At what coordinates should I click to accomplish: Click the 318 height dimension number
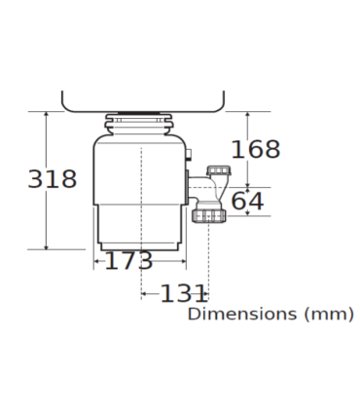pos(53,179)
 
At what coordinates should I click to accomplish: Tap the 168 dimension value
pos(256,149)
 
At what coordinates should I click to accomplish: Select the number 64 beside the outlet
pos(247,202)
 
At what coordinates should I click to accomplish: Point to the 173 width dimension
pos(128,260)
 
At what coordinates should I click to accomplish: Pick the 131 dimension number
pos(184,293)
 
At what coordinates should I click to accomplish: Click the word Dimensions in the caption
pos(242,314)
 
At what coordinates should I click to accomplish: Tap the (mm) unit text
pos(329,315)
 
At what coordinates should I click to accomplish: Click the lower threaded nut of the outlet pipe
pos(208,216)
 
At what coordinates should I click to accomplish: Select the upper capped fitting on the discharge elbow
pos(219,170)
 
